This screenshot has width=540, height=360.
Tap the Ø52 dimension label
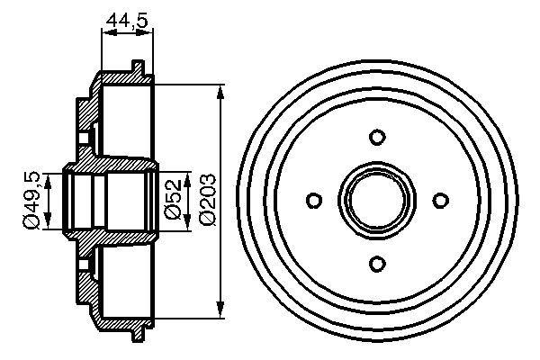[x=173, y=199]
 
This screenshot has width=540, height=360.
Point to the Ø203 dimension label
[x=208, y=200]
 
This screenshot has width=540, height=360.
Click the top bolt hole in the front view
[x=377, y=137]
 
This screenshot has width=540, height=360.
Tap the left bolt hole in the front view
[x=314, y=200]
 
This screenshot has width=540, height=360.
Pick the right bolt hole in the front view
[x=440, y=200]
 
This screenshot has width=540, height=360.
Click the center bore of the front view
[x=377, y=200]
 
